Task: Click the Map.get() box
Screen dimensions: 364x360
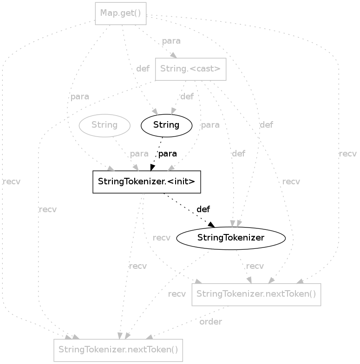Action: coord(120,13)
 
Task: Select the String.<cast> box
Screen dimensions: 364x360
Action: coord(190,69)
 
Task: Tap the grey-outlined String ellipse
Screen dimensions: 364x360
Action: coord(105,125)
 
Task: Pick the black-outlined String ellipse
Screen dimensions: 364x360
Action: coord(166,125)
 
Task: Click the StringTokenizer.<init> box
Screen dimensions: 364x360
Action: coord(146,182)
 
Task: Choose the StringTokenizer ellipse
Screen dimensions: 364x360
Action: coord(231,238)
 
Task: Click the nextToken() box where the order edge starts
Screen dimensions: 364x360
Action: coord(256,294)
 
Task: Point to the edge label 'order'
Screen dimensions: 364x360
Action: coord(210,321)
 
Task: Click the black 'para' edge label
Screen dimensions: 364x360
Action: coord(168,154)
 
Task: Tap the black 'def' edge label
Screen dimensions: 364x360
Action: coord(203,209)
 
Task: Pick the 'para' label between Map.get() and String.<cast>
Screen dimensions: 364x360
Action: coord(171,41)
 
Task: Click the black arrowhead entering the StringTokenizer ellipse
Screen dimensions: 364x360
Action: coord(211,224)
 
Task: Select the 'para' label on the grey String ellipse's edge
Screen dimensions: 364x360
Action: coord(139,154)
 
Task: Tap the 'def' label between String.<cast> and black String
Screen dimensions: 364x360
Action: coord(187,97)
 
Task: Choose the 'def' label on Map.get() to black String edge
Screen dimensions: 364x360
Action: coord(143,69)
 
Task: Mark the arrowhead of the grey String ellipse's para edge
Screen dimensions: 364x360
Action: coord(136,168)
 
